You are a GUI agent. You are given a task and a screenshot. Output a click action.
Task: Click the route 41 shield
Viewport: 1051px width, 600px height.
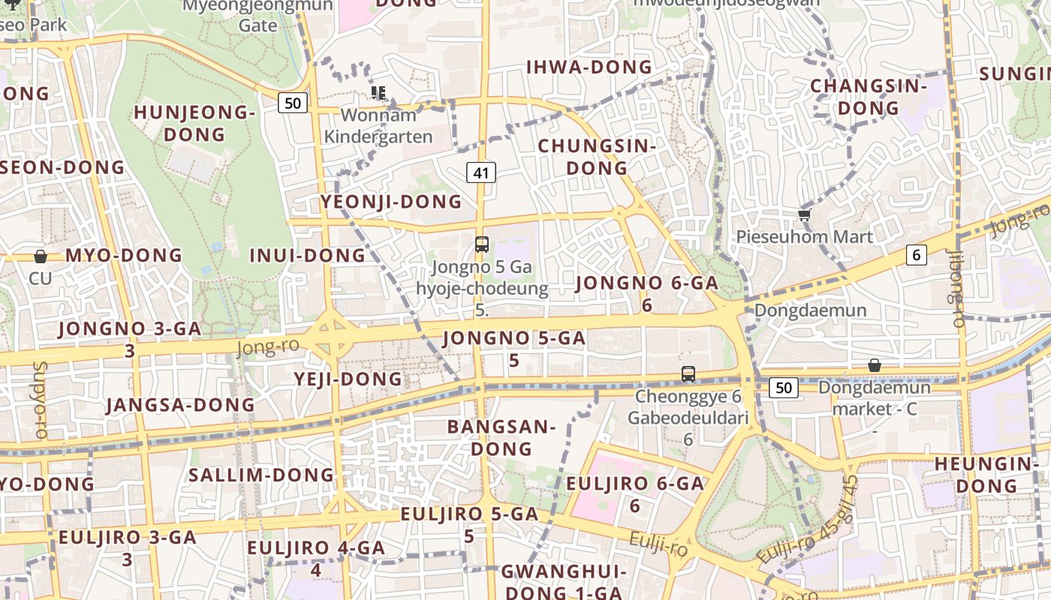pyautogui.click(x=480, y=173)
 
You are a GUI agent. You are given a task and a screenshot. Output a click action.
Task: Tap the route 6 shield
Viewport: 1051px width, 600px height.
pyautogui.click(x=916, y=255)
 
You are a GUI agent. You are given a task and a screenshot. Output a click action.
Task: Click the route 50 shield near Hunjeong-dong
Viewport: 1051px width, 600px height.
pyautogui.click(x=293, y=103)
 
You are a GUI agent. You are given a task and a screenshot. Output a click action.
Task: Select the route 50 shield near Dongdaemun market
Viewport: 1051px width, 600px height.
pyautogui.click(x=784, y=388)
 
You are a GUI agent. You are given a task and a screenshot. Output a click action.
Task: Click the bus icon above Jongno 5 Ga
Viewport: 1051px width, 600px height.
pyautogui.click(x=482, y=244)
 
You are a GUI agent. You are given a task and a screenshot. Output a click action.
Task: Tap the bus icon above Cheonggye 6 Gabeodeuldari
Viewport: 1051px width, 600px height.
pyautogui.click(x=688, y=373)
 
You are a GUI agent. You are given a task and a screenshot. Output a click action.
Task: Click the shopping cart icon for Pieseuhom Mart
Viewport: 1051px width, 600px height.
pyautogui.click(x=804, y=215)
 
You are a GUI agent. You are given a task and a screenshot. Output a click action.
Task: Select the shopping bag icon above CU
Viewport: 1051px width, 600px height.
pyautogui.click(x=41, y=256)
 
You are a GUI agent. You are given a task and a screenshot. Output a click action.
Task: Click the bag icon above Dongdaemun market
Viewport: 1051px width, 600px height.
pyautogui.click(x=874, y=366)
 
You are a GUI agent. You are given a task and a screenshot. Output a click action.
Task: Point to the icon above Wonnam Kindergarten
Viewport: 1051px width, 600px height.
pyautogui.click(x=378, y=93)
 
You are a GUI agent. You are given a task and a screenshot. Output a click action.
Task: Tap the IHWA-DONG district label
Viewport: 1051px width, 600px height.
pyautogui.click(x=589, y=67)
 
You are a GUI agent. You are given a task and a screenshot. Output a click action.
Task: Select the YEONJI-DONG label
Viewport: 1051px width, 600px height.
pyautogui.click(x=391, y=202)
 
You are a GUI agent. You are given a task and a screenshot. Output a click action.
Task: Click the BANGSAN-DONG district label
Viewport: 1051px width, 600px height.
pyautogui.click(x=501, y=438)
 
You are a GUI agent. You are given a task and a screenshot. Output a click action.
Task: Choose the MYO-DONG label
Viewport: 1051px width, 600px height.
pyautogui.click(x=124, y=256)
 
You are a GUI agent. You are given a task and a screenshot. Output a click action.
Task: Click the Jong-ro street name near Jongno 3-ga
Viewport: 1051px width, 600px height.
pyautogui.click(x=268, y=346)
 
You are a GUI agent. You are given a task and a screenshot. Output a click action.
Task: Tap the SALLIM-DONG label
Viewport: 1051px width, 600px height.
pyautogui.click(x=261, y=475)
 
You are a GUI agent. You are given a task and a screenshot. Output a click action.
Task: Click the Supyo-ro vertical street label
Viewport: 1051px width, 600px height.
pyautogui.click(x=40, y=400)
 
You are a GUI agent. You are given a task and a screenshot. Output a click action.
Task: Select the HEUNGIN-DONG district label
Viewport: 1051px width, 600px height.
pyautogui.click(x=986, y=475)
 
